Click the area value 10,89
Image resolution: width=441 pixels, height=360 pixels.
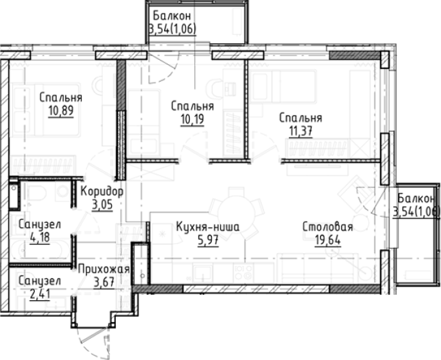point(61,111)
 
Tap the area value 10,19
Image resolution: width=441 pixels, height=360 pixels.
point(192,119)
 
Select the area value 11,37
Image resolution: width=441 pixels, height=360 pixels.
point(301,131)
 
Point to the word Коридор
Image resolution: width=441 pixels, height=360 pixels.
point(102,192)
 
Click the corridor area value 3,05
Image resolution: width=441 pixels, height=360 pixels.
point(102,205)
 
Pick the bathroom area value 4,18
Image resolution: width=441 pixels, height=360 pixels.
point(40,238)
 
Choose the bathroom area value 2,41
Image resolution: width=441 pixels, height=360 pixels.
point(40,294)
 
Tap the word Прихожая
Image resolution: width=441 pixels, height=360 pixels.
point(104,269)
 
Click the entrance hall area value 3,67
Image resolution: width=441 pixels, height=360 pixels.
point(104,282)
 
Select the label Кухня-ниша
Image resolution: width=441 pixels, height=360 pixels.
point(208,227)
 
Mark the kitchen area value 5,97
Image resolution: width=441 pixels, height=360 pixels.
point(208,240)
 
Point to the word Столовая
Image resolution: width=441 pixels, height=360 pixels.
point(328,227)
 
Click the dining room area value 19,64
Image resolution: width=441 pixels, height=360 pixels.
point(328,240)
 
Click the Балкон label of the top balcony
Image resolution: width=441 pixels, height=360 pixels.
point(173,15)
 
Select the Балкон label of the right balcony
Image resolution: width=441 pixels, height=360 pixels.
point(417,198)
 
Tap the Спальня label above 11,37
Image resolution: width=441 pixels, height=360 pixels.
point(301,118)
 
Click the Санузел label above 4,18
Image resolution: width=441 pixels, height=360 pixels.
point(40,225)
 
